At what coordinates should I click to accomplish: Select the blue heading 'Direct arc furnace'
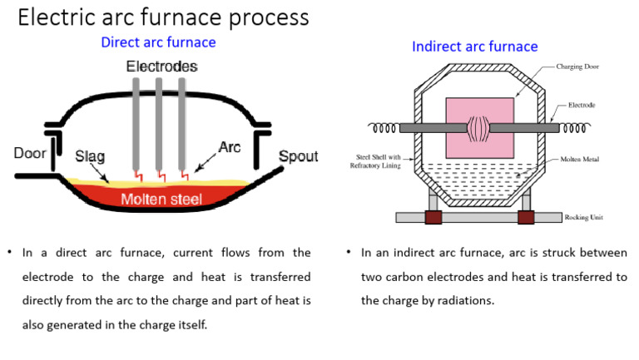pyautogui.click(x=158, y=42)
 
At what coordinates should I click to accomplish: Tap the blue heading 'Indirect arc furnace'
pyautogui.click(x=474, y=47)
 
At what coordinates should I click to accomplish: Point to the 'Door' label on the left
pyautogui.click(x=30, y=154)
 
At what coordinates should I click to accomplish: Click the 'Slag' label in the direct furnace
pyautogui.click(x=90, y=156)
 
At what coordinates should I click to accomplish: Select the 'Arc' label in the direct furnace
pyautogui.click(x=229, y=147)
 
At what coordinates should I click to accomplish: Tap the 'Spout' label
pyautogui.click(x=298, y=156)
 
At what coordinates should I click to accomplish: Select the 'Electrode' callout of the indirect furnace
pyautogui.click(x=582, y=106)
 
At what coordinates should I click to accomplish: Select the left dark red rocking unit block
pyautogui.click(x=433, y=217)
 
